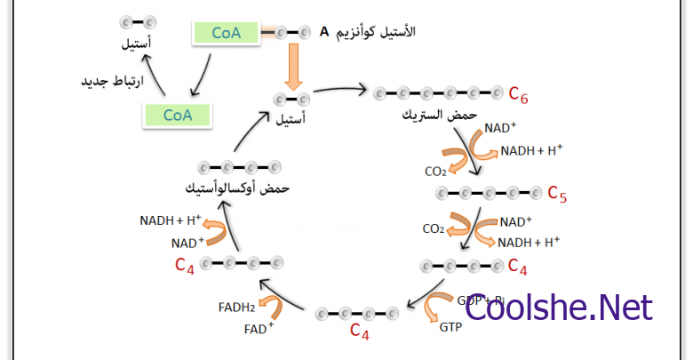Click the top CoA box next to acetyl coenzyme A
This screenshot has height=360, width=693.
point(226,33)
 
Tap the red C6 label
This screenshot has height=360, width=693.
point(519,92)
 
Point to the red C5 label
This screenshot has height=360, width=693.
point(556,193)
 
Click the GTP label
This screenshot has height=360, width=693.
point(450,327)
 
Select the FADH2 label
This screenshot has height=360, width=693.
point(236,308)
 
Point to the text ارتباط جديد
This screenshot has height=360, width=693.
point(106,82)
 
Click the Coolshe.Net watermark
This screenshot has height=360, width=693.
point(559,308)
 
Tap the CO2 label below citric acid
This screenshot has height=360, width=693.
point(435,171)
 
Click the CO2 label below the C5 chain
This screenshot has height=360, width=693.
point(434,228)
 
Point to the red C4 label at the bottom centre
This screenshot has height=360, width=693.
point(359,332)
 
